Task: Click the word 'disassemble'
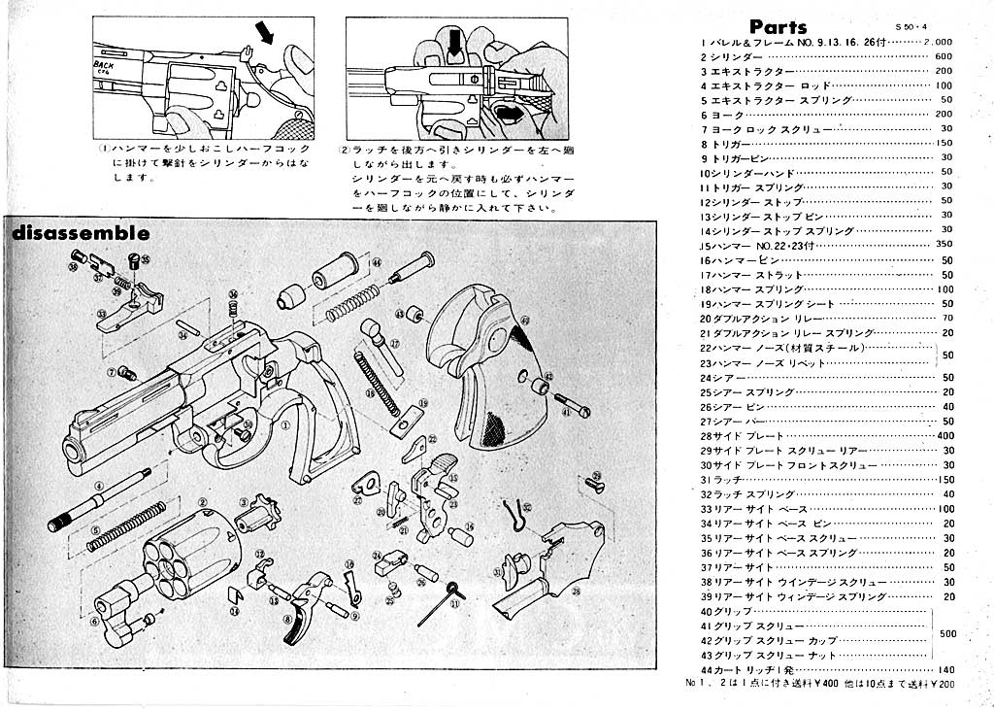(81, 233)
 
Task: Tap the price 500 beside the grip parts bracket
(948, 633)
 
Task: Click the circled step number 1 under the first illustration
(104, 149)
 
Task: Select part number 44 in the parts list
(706, 670)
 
